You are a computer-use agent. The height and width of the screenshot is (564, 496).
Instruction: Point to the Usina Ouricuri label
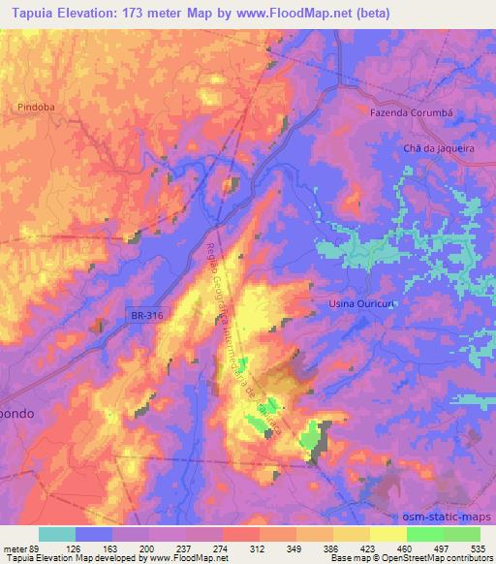tap(356, 304)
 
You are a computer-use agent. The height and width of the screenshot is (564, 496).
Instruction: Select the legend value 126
tap(75, 548)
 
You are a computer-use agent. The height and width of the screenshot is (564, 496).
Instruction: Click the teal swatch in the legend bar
tap(57, 534)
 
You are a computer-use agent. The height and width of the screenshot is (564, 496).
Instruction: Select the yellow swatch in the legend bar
tap(388, 534)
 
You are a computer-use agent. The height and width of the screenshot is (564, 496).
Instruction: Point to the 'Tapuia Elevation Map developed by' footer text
tap(72, 558)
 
